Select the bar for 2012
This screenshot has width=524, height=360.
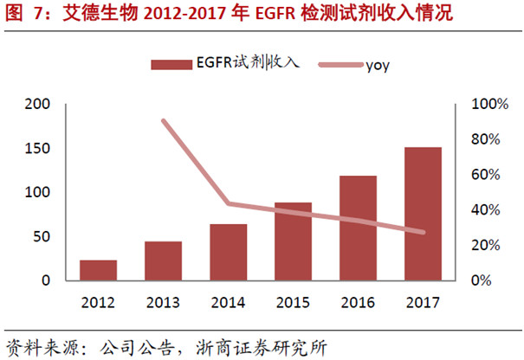pyautogui.click(x=98, y=270)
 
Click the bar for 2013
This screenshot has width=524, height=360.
pyautogui.click(x=163, y=260)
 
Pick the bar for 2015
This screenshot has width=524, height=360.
pyautogui.click(x=293, y=241)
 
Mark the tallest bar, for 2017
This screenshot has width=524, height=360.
pyautogui.click(x=423, y=214)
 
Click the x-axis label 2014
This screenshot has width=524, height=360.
pyautogui.click(x=228, y=302)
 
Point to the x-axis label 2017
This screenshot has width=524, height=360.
pyautogui.click(x=423, y=302)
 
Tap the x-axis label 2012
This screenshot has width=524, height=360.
pyautogui.click(x=98, y=302)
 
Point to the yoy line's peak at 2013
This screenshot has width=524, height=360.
pyautogui.click(x=164, y=120)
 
